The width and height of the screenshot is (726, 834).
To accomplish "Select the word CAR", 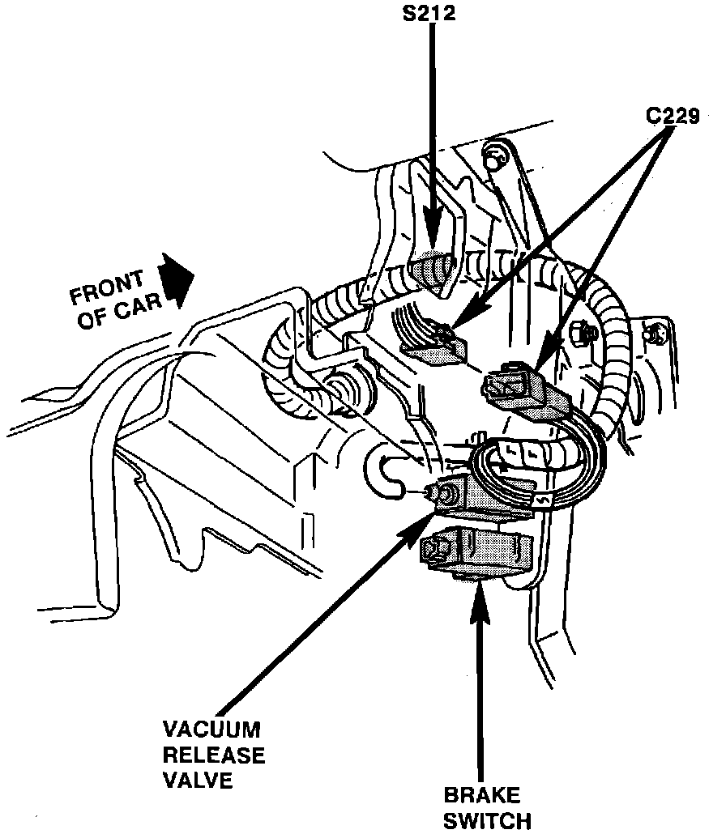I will tap(146, 308).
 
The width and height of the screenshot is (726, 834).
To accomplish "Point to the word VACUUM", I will tap(212, 730).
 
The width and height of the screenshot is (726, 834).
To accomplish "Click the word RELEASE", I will tap(214, 755).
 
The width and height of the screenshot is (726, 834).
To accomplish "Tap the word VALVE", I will tap(199, 781).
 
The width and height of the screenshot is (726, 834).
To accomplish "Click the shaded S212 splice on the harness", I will tap(435, 270).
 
